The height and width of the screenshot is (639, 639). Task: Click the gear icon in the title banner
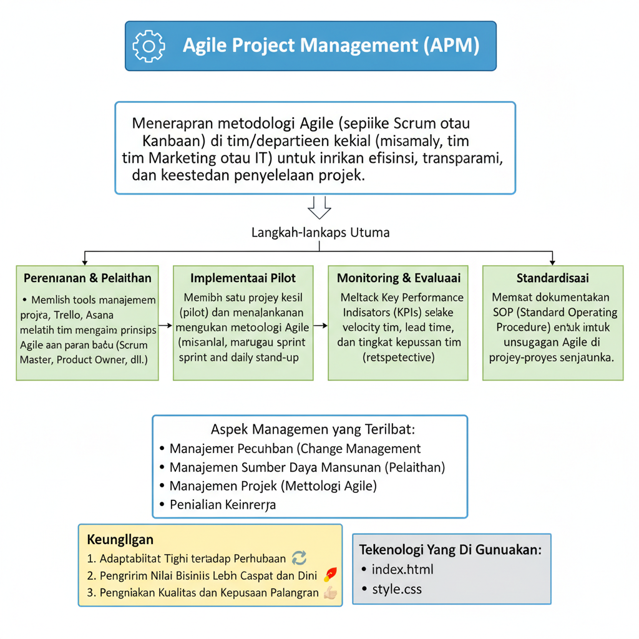point(149,46)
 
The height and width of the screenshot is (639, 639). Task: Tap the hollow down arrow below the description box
point(319,207)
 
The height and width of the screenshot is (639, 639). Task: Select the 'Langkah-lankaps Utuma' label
point(320,233)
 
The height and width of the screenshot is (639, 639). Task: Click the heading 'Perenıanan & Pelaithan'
point(87,278)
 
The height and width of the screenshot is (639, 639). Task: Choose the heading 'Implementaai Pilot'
point(243,278)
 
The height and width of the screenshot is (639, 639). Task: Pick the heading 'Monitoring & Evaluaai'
point(399,278)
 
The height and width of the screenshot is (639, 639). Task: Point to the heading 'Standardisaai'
point(553,278)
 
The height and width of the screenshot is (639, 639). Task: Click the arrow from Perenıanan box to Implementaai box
point(165,325)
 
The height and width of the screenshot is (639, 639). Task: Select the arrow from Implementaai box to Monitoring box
point(321,325)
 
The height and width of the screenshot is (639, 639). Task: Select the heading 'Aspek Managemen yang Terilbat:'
point(313,429)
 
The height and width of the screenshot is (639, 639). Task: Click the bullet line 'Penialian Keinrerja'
point(223,505)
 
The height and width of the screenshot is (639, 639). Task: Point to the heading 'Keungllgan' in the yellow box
point(120,539)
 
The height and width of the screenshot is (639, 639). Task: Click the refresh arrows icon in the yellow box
point(299,559)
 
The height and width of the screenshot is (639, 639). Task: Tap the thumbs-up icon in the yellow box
point(331,593)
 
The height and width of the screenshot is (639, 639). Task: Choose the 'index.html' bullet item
point(402,569)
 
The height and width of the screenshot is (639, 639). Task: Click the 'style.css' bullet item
point(396,588)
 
